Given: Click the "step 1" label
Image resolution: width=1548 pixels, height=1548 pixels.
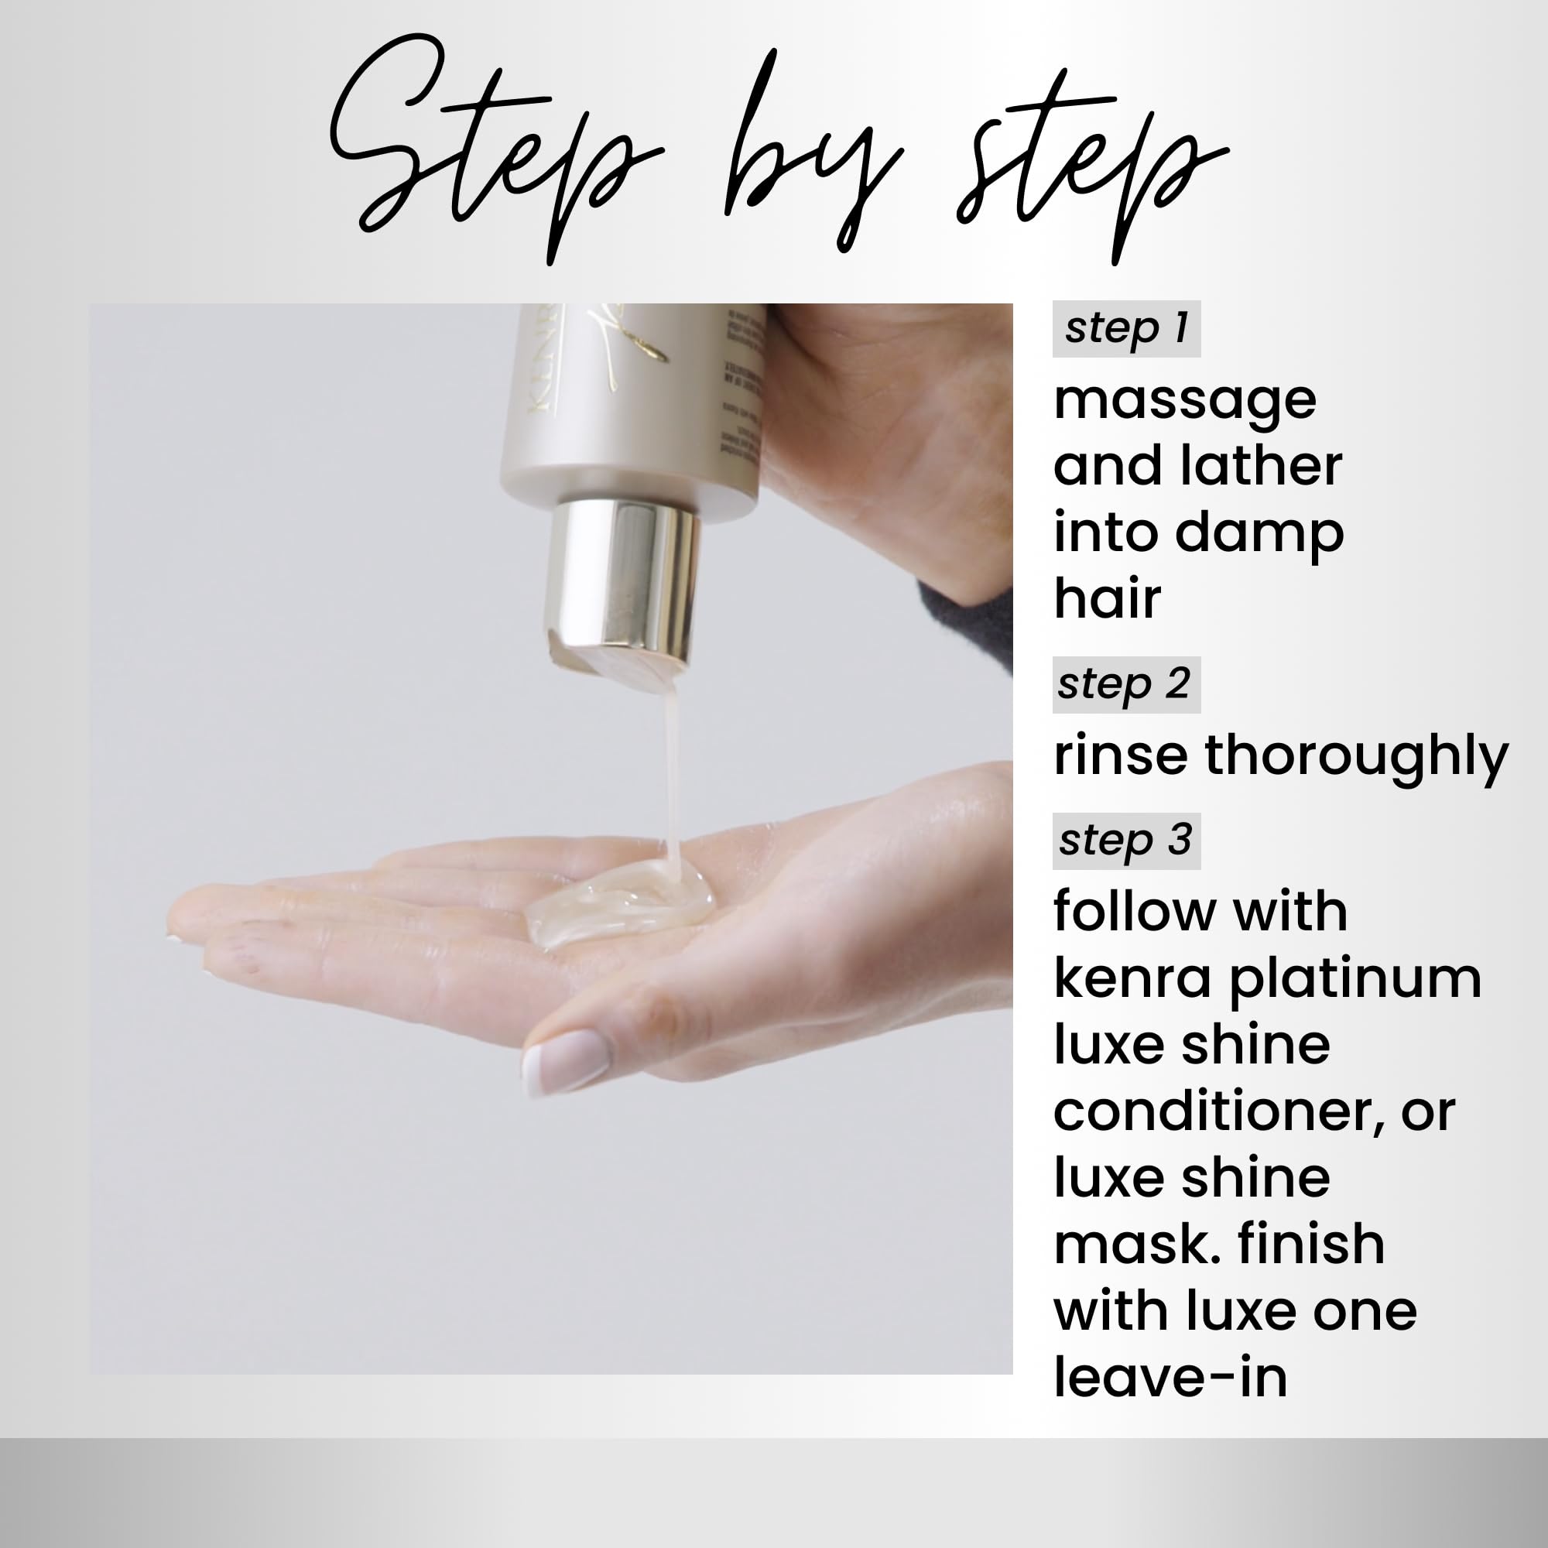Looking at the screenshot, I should pos(1125,328).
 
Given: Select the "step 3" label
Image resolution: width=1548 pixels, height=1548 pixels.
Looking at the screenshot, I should pos(1125,841).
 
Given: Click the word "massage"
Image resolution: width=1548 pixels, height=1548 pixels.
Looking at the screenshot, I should pos(1184,401).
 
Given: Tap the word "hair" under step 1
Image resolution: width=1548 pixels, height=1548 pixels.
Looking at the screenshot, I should pos(1107,598).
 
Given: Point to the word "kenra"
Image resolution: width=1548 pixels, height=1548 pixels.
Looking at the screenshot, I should pos(1132,979).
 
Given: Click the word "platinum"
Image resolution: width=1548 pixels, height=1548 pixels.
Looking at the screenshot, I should pos(1354,981).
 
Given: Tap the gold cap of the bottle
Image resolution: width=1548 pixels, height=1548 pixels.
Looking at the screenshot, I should pos(620,577).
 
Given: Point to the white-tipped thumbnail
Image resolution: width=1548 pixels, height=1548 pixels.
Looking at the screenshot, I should pos(566,1061).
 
